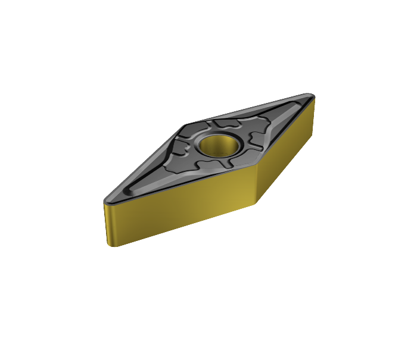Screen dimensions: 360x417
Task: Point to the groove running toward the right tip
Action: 280,116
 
